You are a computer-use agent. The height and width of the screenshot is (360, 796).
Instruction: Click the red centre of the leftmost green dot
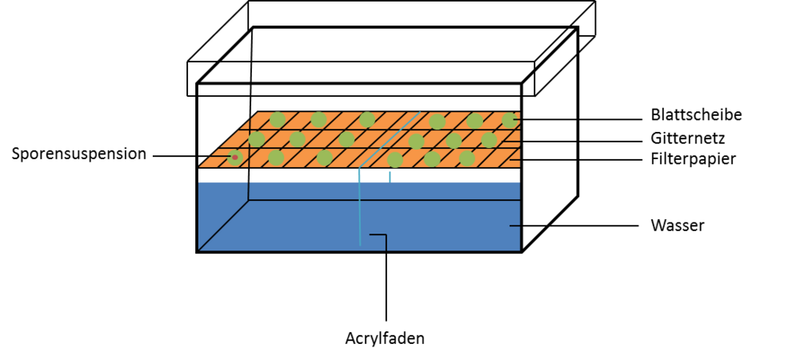tap(234, 157)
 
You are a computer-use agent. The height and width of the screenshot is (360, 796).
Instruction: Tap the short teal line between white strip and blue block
tap(390, 176)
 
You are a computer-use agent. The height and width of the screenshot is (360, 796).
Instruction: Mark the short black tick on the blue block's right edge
tap(514, 226)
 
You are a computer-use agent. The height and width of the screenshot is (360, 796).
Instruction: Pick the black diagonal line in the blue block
tap(223, 225)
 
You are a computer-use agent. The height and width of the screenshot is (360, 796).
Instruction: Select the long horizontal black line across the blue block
tap(384, 200)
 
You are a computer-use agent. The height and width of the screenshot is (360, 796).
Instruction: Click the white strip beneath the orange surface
tap(320, 170)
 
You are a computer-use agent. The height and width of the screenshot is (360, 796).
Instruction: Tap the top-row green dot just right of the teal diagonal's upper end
tap(437, 122)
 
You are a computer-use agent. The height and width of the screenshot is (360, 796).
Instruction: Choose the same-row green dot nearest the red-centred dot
tap(276, 158)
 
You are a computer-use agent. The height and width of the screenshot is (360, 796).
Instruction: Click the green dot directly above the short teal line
tap(395, 159)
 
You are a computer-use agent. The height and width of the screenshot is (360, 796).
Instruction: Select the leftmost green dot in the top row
tap(277, 119)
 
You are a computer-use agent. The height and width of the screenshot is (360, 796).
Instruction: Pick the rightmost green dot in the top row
tap(509, 120)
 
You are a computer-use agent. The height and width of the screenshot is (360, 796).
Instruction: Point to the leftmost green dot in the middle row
tap(257, 139)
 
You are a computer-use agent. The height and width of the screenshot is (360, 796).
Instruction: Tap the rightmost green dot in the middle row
tap(489, 140)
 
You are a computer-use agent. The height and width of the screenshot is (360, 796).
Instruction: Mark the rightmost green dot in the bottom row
tap(466, 158)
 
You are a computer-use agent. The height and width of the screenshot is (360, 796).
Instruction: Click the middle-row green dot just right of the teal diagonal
tap(416, 141)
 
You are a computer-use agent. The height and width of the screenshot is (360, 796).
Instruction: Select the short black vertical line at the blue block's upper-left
tap(249, 190)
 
